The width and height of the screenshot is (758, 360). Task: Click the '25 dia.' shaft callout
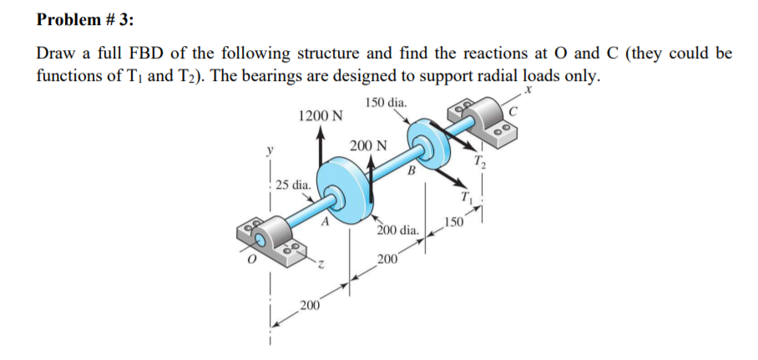(x=294, y=183)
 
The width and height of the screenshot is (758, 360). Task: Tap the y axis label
(x=269, y=150)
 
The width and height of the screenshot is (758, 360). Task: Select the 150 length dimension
(x=453, y=222)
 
